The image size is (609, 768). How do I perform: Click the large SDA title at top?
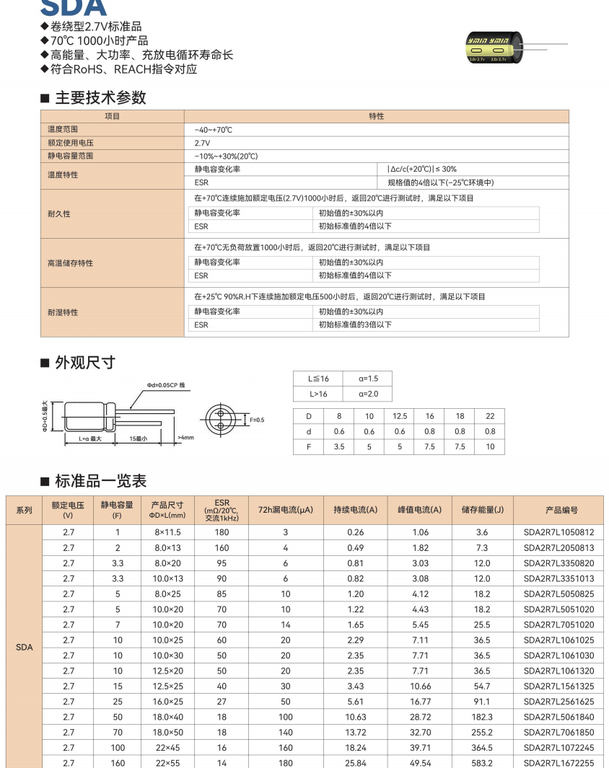(74, 7)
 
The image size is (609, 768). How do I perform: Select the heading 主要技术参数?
(100, 97)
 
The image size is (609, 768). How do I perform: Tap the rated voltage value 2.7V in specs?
(202, 143)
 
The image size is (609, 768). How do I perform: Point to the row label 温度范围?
(61, 130)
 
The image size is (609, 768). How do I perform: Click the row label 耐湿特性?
(63, 312)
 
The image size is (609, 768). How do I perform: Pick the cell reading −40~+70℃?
(213, 130)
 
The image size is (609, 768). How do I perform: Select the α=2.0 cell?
(367, 394)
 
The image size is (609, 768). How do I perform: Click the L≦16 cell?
(318, 379)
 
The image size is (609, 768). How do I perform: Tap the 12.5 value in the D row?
(399, 416)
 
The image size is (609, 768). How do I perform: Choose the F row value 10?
(490, 447)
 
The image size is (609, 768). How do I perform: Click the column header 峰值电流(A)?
(419, 510)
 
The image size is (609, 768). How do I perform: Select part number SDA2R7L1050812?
(558, 533)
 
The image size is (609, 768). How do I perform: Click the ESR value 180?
(222, 533)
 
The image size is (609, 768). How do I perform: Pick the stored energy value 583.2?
(482, 763)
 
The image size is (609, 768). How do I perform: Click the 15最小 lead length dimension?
(138, 438)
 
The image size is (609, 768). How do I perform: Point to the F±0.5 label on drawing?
(257, 420)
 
